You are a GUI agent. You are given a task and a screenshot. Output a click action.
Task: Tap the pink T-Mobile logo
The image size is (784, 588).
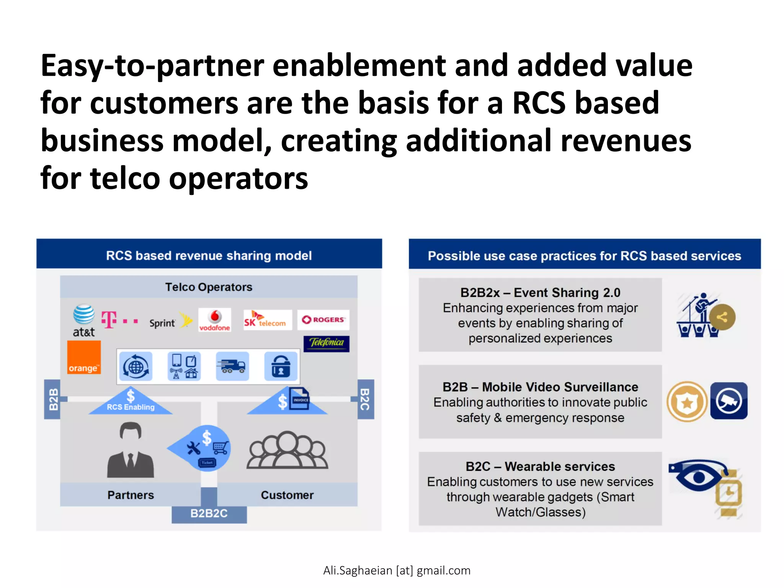[x=119, y=320]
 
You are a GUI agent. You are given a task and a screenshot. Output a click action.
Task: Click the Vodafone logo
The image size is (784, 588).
[x=215, y=320]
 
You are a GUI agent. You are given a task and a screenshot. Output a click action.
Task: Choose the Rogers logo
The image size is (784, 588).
[x=323, y=320]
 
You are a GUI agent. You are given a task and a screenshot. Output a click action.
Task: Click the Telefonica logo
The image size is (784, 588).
[x=327, y=343]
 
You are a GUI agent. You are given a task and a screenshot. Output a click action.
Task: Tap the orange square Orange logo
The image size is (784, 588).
[x=84, y=357]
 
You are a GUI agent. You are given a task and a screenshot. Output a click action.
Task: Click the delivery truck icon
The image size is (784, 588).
[x=232, y=366]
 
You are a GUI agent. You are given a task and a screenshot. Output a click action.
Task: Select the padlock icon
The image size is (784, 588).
[x=281, y=366]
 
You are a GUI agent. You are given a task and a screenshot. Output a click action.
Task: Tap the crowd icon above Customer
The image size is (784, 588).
[x=287, y=451]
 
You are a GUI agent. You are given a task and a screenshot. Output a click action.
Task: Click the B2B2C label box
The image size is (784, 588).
[x=209, y=513]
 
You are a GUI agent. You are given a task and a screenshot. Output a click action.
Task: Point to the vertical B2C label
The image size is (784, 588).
[x=366, y=399]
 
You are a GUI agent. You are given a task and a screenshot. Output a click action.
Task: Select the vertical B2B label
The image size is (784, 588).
[x=53, y=399]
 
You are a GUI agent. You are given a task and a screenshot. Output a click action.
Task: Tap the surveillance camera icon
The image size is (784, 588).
[x=729, y=401]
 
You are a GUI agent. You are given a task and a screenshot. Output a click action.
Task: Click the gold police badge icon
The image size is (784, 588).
[x=687, y=402]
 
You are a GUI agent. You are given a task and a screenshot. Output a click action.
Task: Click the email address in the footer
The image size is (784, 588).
[x=397, y=570]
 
